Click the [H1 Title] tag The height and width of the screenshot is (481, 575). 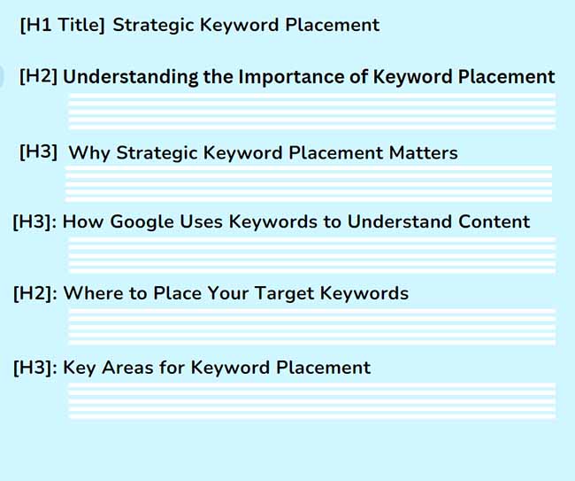(62, 25)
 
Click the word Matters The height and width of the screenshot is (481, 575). (423, 153)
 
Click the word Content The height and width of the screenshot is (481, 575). (494, 221)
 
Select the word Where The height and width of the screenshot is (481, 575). (92, 292)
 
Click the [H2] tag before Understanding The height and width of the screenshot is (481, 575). (38, 77)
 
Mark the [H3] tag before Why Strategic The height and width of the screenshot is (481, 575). (38, 153)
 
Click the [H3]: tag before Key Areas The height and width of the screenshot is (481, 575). (35, 367)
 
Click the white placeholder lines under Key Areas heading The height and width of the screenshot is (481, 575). (311, 400)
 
